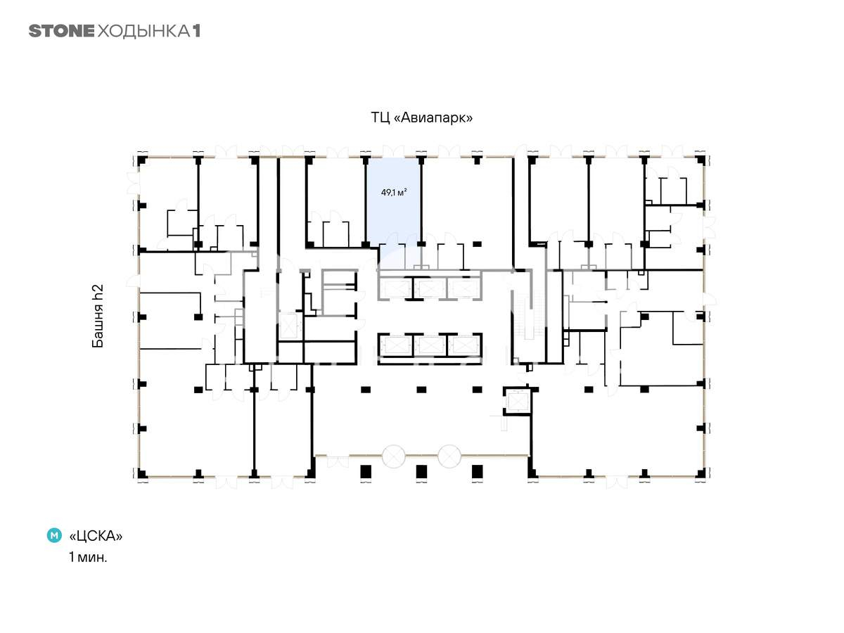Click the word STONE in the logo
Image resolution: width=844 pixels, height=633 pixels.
pos(61,31)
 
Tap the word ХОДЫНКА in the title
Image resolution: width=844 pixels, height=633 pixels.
pos(143,32)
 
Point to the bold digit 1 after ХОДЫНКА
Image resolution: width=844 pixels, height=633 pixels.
pos(196,31)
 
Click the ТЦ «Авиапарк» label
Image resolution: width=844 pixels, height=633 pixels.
pos(421,117)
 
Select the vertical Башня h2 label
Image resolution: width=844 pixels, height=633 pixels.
pos(98,316)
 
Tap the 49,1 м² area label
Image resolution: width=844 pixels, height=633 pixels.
pos(394,192)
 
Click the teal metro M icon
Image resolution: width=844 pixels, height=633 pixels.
pos(54,535)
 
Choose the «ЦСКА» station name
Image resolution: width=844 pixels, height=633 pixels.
pos(96,536)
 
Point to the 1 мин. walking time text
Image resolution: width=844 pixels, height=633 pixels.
pos(88,557)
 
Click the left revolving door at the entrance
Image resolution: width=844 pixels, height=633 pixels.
pos(393,456)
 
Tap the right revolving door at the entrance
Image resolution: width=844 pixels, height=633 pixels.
pos(449,456)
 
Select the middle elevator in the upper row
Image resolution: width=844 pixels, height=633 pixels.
pos(430,288)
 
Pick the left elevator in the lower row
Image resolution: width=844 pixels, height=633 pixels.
pos(397,345)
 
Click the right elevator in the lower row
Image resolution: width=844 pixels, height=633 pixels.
pos(463,345)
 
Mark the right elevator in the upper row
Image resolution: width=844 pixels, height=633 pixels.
pos(463,288)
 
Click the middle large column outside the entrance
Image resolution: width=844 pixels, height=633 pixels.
pos(421,471)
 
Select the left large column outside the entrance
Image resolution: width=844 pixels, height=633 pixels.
pos(366,471)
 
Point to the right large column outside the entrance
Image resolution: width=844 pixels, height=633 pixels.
pos(477,471)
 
